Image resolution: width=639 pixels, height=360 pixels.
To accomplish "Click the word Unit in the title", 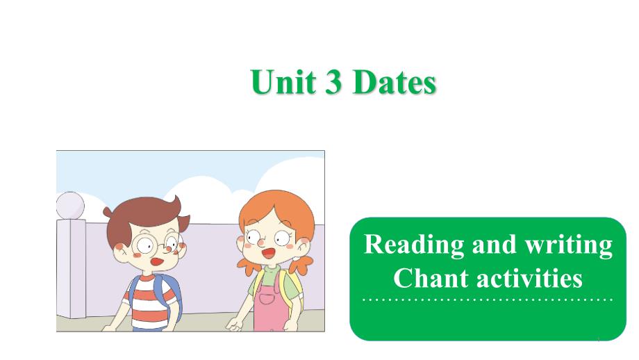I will tap(279, 83).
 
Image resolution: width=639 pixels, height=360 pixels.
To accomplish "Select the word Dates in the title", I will tap(394, 83).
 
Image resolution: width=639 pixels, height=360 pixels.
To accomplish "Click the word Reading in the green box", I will tap(404, 245).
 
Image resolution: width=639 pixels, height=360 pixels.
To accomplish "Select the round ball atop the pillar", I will tap(69, 206).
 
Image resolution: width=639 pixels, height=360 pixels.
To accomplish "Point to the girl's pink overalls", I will tap(272, 309).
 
